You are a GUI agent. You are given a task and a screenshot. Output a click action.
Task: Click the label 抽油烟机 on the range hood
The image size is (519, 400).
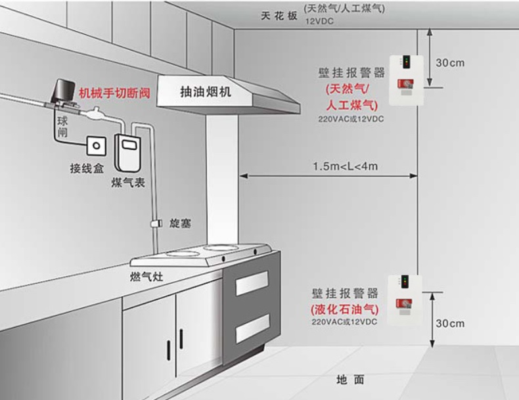[x=206, y=93]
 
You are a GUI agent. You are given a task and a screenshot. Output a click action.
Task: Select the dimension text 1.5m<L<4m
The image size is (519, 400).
[x=345, y=166]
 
